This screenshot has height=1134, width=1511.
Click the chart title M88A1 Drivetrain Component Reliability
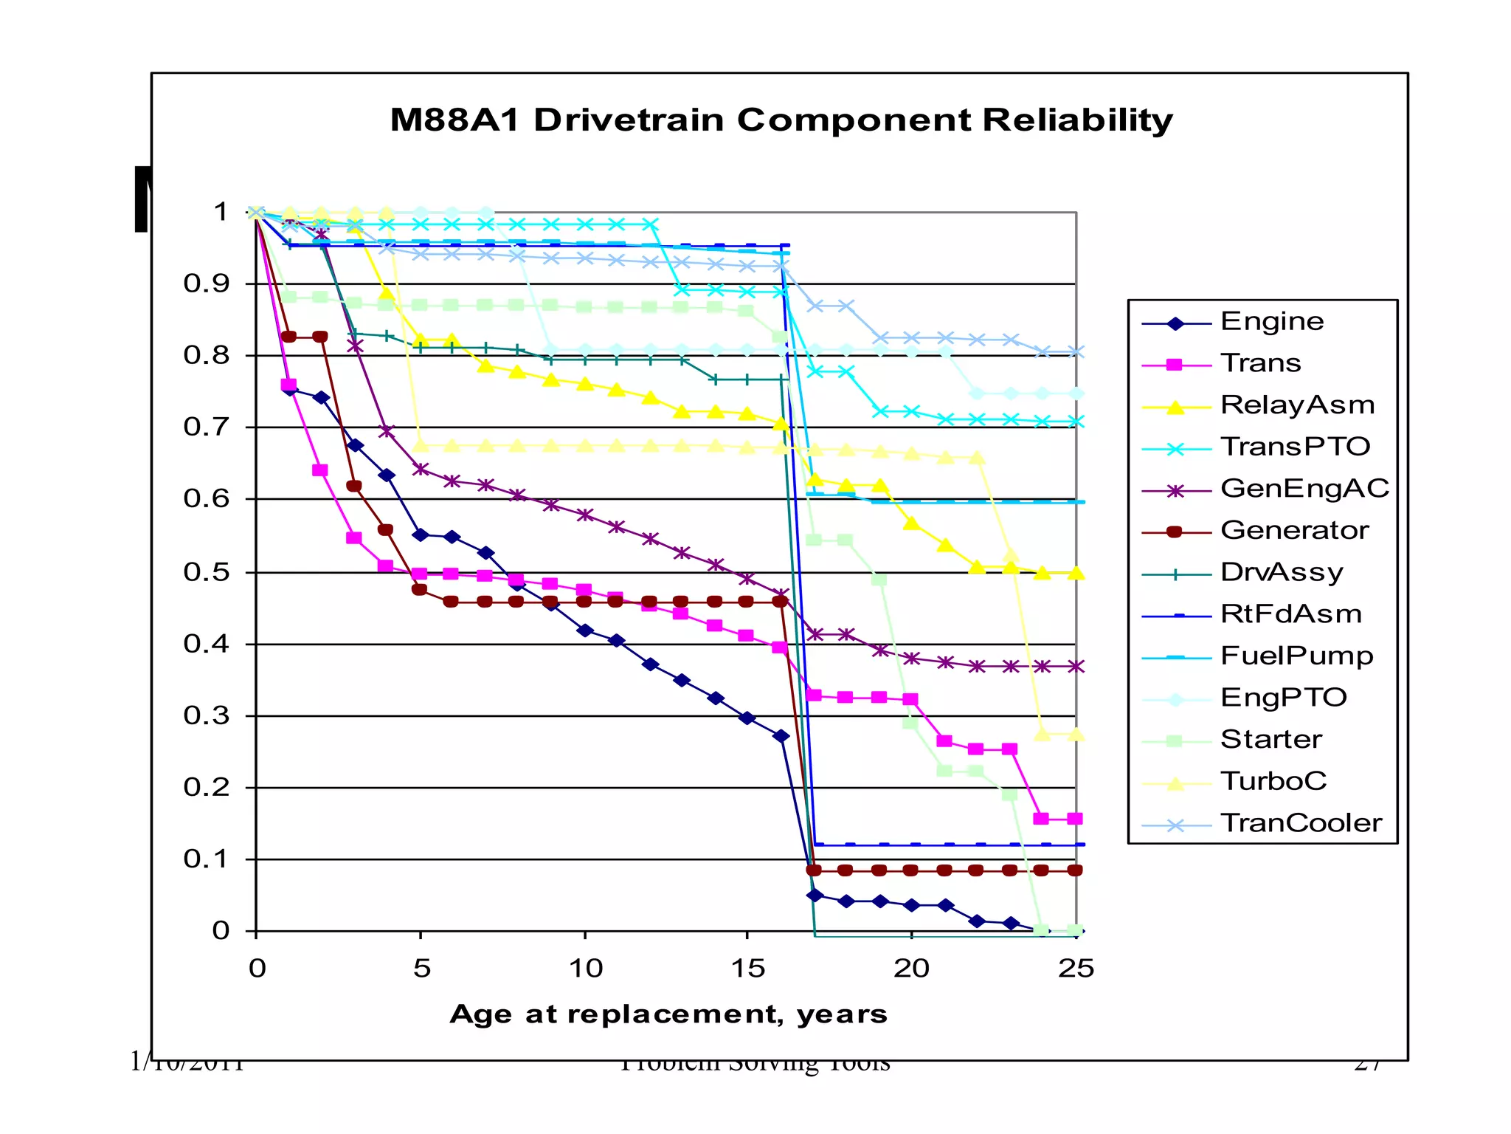(x=781, y=120)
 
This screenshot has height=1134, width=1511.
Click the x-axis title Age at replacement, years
(x=668, y=1014)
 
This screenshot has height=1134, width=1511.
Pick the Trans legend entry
(x=1260, y=364)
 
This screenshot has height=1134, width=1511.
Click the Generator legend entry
(x=1294, y=531)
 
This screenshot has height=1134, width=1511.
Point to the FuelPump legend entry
(x=1296, y=656)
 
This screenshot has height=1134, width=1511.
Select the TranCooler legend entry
(x=1301, y=823)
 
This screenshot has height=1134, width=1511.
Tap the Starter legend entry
(x=1270, y=740)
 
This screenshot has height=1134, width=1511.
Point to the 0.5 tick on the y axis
(x=207, y=572)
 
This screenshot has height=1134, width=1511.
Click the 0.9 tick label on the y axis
(x=207, y=283)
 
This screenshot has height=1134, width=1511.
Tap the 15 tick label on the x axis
(x=747, y=969)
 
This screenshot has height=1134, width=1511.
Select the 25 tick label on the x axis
(x=1076, y=969)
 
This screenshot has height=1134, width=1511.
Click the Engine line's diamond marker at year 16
(x=781, y=736)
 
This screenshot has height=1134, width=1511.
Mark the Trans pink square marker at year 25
(x=1075, y=819)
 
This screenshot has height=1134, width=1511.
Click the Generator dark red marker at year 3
(x=353, y=486)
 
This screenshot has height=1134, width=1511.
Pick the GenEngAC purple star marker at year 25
(x=1076, y=666)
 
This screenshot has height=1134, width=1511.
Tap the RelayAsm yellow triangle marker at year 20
(x=912, y=523)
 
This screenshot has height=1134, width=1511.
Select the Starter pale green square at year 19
(x=879, y=580)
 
